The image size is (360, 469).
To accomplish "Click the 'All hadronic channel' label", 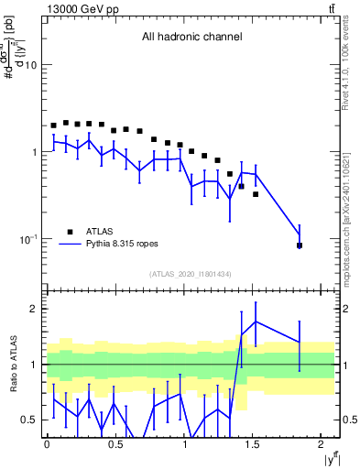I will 191,38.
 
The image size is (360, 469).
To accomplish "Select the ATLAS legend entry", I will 101,232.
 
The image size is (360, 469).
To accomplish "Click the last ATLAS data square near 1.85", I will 300,245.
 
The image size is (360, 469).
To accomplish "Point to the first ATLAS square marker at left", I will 54,125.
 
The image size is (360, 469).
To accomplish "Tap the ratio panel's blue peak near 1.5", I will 256,322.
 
